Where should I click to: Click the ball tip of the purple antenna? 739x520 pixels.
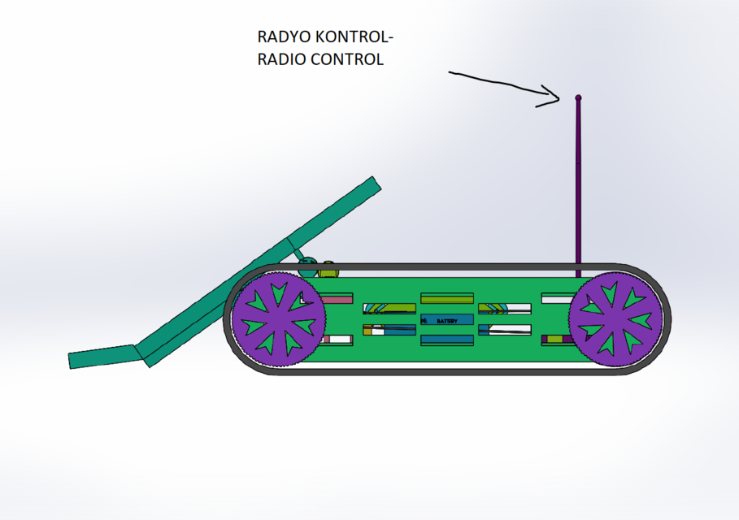(x=578, y=97)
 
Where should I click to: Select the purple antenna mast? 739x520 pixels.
(x=578, y=187)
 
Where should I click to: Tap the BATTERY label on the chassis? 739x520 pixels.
(x=447, y=321)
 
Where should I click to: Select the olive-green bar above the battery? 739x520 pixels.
(x=446, y=299)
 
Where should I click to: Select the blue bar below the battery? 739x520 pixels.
(x=446, y=340)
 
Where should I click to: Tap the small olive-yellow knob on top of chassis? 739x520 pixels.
(x=328, y=266)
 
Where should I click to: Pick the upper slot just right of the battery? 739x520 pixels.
(x=504, y=309)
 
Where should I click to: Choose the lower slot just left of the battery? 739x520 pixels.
(x=389, y=330)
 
